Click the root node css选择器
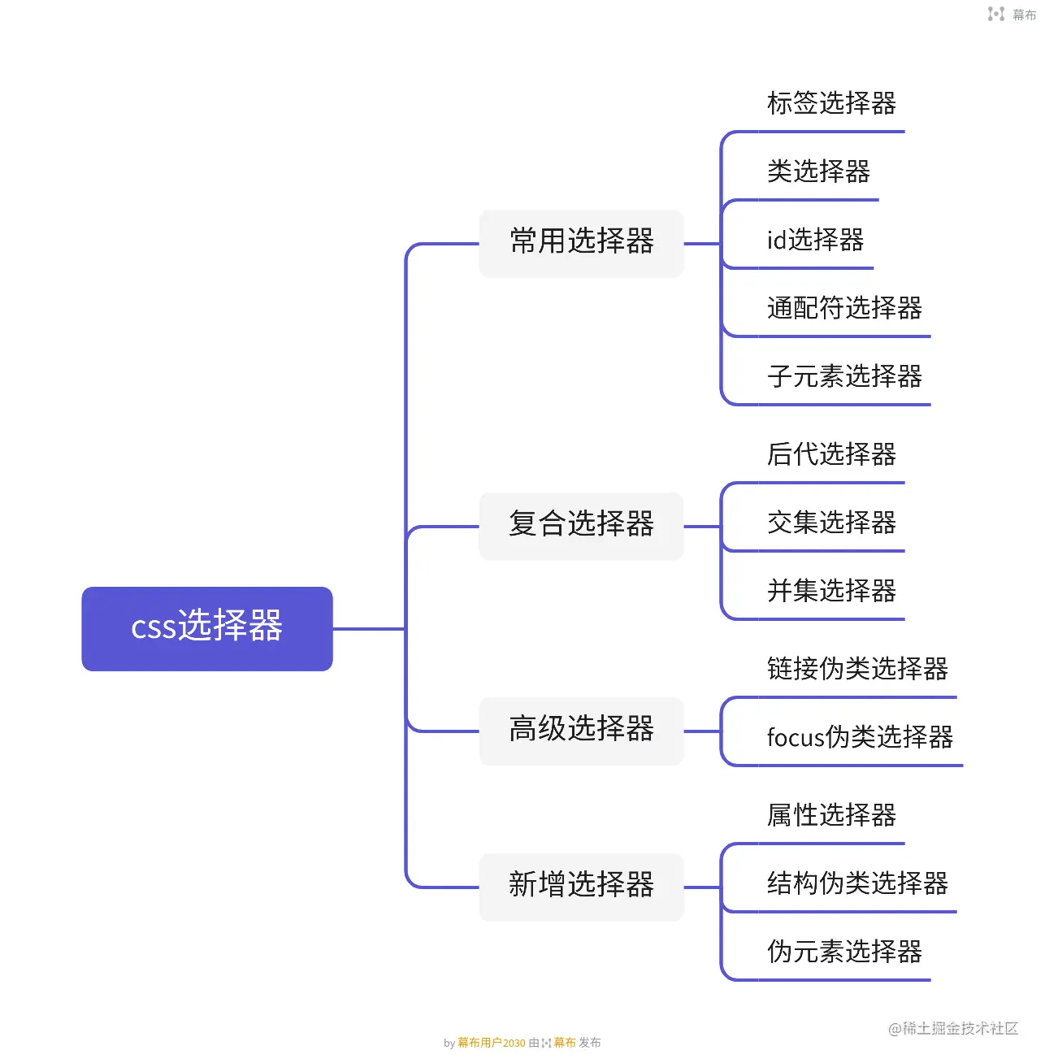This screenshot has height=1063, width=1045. pos(207,628)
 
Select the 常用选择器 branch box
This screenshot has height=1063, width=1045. pos(581,243)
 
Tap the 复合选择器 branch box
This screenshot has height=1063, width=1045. pos(581,526)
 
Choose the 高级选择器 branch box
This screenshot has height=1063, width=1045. pos(581,731)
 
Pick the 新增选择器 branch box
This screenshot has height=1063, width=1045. pos(581,887)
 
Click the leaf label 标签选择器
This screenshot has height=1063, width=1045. pos(831,104)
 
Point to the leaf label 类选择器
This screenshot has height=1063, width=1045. pos(818,172)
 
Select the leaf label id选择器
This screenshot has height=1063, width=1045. pos(815,241)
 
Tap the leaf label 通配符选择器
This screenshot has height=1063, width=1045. pos(844,309)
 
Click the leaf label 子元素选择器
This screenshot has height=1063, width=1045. pos(844,377)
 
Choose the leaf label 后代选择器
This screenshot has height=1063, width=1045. pos(831,455)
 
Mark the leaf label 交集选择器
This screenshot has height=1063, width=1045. pos(831,523)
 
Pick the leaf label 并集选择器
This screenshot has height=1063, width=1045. pos(831,592)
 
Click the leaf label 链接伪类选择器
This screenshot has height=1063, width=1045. pos(857,670)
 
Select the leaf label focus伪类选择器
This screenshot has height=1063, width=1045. pos(860,738)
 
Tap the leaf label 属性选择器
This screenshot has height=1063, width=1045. pos(831,816)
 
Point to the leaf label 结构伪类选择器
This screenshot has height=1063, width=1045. pos(857,884)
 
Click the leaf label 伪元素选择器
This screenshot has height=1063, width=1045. pos(844,952)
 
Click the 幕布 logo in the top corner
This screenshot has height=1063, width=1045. pos(1012,14)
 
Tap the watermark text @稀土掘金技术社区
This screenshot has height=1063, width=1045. pos(952,1029)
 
